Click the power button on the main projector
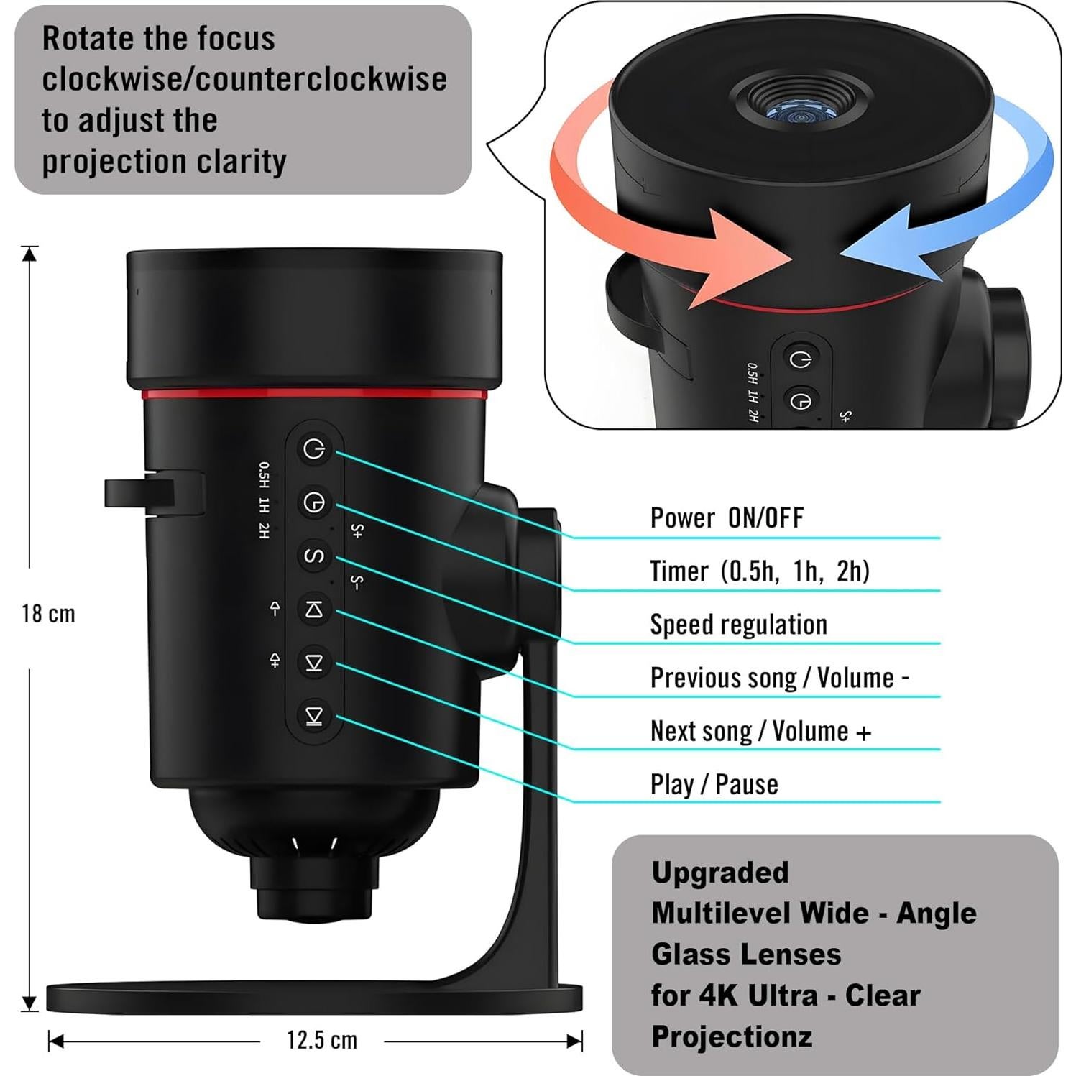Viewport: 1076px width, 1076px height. (314, 449)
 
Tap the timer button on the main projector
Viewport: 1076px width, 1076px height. (314, 502)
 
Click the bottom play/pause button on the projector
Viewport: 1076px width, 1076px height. (314, 716)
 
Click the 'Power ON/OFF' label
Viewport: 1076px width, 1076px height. (726, 518)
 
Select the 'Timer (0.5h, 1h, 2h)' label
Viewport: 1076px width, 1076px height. (759, 571)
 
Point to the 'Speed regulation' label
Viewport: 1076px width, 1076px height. (738, 624)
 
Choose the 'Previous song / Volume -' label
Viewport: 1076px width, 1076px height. (779, 677)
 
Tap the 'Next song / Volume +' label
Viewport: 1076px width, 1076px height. (760, 731)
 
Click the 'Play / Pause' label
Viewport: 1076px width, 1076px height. (714, 784)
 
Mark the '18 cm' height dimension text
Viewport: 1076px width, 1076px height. (48, 614)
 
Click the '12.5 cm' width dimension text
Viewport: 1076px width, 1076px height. (321, 1040)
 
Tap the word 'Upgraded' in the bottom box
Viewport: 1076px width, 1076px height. (719, 873)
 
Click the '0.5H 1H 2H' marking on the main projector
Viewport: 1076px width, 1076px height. (265, 500)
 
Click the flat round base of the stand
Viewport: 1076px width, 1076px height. (313, 997)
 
